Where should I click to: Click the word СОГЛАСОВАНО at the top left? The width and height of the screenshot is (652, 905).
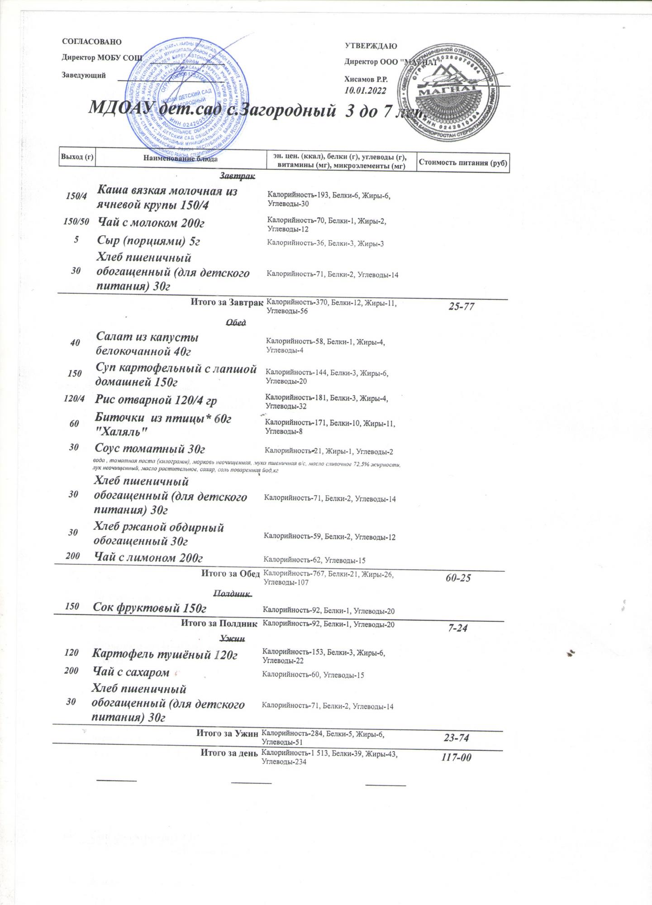tap(92, 42)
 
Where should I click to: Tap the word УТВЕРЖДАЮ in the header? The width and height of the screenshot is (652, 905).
tap(371, 46)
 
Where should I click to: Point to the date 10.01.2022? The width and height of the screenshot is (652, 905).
tap(365, 90)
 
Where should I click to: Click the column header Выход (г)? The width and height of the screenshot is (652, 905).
tap(77, 157)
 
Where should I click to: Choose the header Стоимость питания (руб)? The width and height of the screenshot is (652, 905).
tap(463, 162)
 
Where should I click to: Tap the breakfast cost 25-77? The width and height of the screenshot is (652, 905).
tap(461, 306)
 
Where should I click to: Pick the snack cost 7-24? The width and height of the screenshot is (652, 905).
tap(457, 628)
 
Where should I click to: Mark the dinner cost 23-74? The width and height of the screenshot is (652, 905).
tap(456, 738)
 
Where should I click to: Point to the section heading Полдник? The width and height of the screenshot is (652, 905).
tap(231, 593)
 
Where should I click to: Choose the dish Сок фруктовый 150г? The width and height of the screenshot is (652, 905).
tap(149, 608)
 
